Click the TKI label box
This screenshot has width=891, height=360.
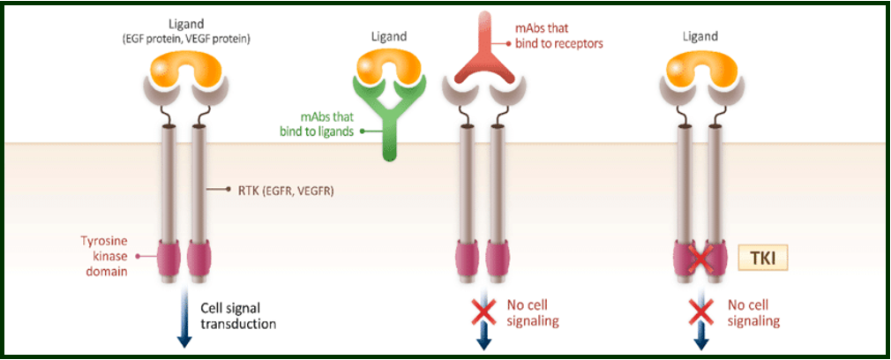(762, 259)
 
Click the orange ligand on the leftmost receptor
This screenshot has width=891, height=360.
(185, 75)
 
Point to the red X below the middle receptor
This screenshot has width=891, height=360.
(483, 313)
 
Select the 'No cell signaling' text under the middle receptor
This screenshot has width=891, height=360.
(533, 313)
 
